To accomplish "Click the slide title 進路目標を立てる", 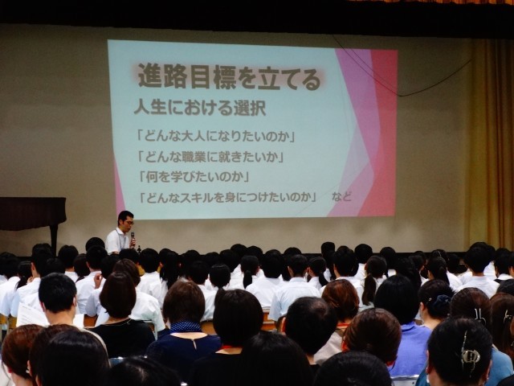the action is click(x=229, y=78).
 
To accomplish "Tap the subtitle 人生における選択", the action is click(x=200, y=108).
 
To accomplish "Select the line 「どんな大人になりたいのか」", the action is click(x=216, y=136).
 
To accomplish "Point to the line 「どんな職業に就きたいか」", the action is click(x=210, y=157).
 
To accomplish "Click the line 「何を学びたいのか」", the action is click(x=194, y=177).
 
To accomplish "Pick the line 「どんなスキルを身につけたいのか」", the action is click(x=228, y=197).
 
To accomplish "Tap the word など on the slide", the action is click(x=341, y=196).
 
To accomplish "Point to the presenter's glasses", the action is click(x=128, y=223).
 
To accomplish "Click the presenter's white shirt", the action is click(x=116, y=241).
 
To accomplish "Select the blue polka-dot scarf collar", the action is click(x=186, y=326).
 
